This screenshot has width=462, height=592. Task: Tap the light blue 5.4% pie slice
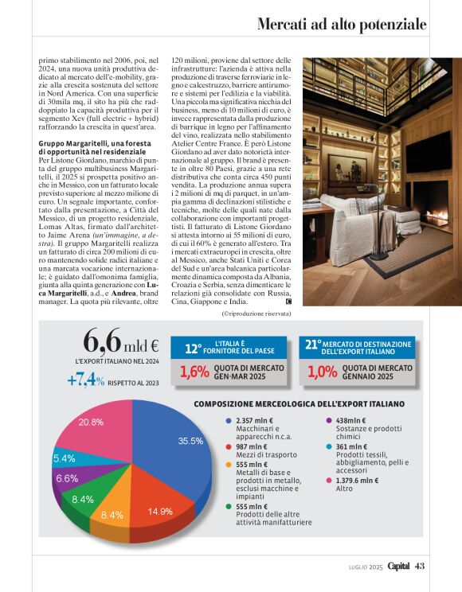[x=65, y=459]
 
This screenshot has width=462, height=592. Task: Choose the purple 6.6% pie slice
[x=69, y=478]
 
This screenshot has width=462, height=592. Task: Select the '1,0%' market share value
[x=323, y=371]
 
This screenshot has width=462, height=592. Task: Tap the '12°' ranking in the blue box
[x=194, y=348]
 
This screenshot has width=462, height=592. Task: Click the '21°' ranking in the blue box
[x=313, y=345]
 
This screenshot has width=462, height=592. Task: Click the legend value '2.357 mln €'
[x=255, y=420]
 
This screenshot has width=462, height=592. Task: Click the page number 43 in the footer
[x=420, y=566]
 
